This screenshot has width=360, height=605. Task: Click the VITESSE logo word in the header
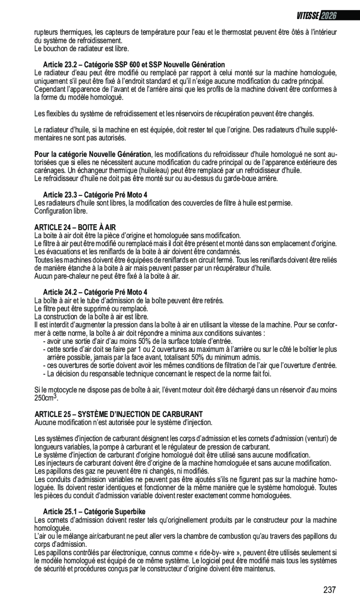[307, 16]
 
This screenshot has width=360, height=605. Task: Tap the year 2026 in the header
[328, 16]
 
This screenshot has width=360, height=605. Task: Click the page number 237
[329, 590]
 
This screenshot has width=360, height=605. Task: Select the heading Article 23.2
[134, 65]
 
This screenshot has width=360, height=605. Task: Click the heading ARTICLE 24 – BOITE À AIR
[75, 227]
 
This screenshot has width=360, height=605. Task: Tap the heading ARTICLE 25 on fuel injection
[119, 414]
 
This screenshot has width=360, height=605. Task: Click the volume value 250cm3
[46, 398]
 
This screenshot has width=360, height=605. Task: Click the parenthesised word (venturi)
[316, 438]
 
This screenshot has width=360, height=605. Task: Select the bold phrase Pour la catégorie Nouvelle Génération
[93, 155]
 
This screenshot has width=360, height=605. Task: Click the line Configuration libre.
[61, 211]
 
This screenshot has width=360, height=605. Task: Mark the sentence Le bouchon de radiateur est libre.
[82, 48]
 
